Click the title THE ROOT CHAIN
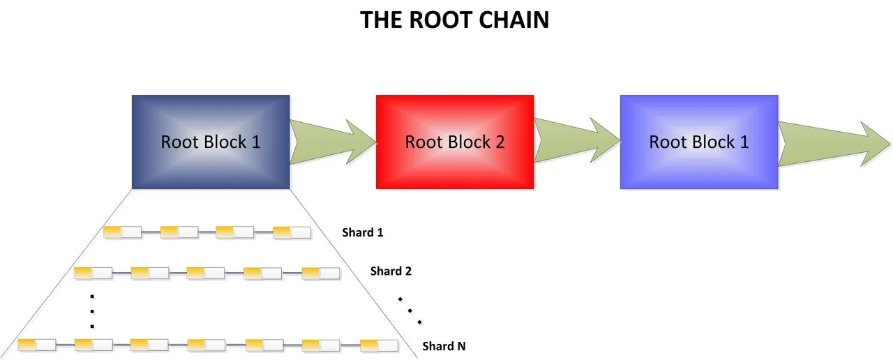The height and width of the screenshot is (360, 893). [x=454, y=20]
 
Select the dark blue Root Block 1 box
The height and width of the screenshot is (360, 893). [x=211, y=142]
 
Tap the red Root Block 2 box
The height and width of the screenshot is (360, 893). [x=455, y=142]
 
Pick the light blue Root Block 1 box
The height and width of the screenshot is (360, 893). [x=699, y=142]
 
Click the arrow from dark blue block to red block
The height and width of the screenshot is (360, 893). [x=333, y=142]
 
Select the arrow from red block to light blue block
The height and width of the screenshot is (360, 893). [x=577, y=140]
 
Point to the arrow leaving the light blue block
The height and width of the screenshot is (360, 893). [x=834, y=144]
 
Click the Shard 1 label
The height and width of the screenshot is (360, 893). [x=363, y=232]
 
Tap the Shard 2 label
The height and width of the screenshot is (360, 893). [x=391, y=271]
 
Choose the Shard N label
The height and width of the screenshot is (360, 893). [x=444, y=346]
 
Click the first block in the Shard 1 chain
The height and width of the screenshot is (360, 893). [x=122, y=232]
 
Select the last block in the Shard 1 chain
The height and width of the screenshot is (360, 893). [x=292, y=232]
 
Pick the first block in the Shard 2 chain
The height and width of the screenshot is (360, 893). [x=93, y=273]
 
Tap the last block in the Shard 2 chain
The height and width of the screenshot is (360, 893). [x=321, y=273]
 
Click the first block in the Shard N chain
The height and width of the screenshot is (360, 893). [x=37, y=345]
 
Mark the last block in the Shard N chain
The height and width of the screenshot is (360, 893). [x=379, y=345]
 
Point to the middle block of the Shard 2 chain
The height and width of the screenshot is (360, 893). [x=206, y=273]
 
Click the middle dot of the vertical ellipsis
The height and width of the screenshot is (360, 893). [x=92, y=311]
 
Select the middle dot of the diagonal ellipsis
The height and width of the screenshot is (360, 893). [x=410, y=310]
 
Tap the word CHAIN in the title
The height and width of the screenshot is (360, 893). [x=514, y=20]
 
